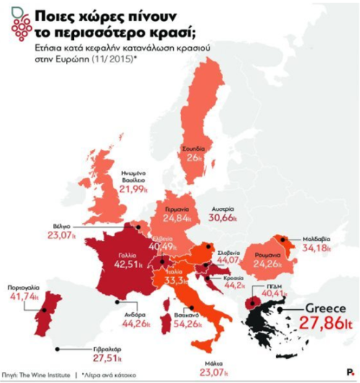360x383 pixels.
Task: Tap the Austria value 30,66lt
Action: pyautogui.click(x=227, y=217)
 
